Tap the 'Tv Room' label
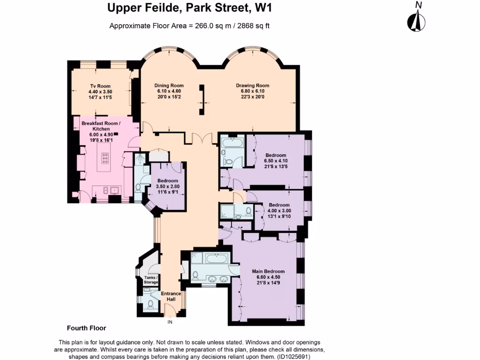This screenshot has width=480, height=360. [100, 86]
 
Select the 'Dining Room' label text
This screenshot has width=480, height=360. [169, 86]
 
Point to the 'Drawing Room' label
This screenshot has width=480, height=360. [253, 86]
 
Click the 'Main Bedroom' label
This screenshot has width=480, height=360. [268, 271]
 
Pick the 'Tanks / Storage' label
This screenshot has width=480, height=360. [151, 280]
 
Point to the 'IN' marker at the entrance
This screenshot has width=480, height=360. [171, 322]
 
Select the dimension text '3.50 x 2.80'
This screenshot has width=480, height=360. [168, 187]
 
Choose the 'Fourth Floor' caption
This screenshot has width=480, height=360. [86, 328]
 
